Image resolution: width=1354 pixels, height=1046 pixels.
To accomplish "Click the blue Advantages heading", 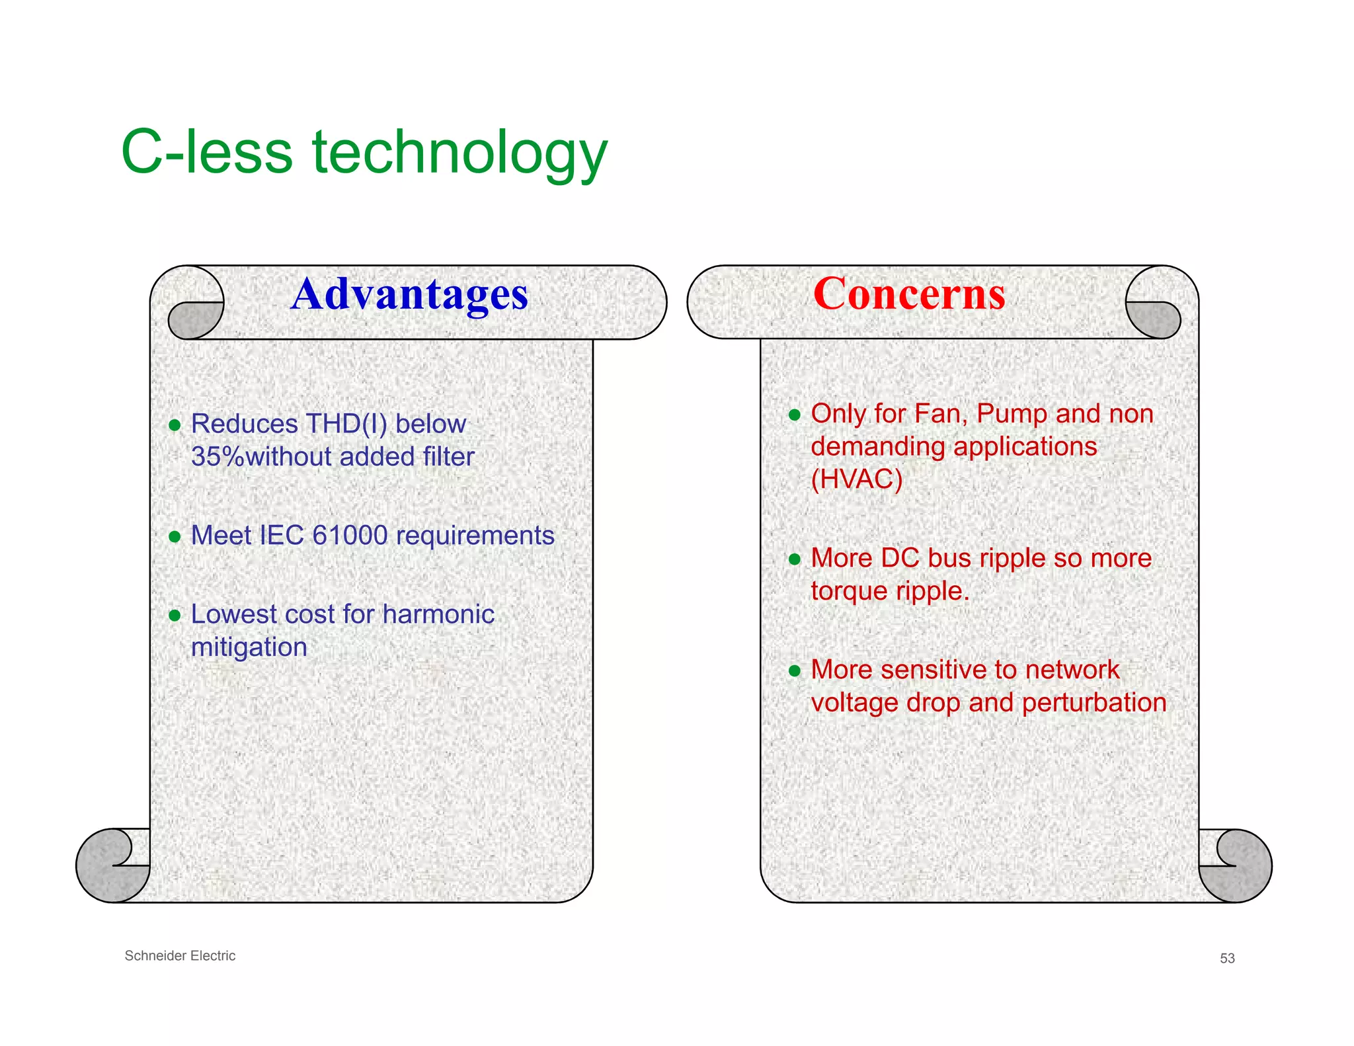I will (409, 294).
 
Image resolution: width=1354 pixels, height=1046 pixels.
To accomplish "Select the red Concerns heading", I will (908, 294).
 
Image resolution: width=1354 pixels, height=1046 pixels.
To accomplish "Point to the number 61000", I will (350, 536).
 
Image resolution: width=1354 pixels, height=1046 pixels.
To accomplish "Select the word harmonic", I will (438, 614).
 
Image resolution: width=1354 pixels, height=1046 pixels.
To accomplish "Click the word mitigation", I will (249, 647).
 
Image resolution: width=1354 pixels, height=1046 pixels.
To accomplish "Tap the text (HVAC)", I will (856, 479).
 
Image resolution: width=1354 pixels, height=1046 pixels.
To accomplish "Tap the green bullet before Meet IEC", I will (175, 536).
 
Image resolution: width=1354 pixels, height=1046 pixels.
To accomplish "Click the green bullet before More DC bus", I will (795, 559).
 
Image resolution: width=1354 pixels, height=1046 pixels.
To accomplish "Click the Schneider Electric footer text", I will (180, 955).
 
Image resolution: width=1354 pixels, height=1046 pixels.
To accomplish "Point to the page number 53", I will (1227, 958).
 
